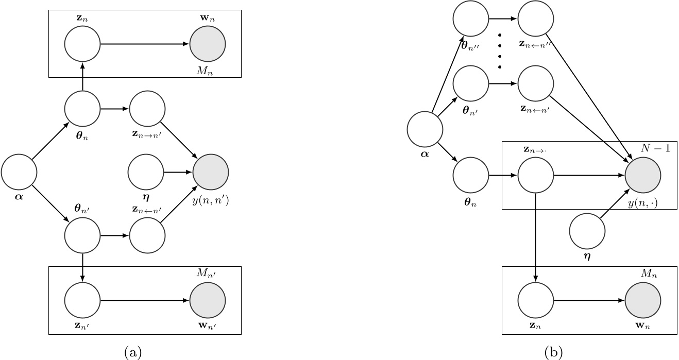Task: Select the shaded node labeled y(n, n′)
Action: (211, 172)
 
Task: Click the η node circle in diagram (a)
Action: (146, 172)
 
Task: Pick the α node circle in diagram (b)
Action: (425, 129)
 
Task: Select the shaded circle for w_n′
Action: (208, 300)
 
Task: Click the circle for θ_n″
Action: (470, 20)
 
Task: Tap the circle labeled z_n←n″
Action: (536, 20)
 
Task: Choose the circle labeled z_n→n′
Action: (147, 109)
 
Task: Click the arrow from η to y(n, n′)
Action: (178, 172)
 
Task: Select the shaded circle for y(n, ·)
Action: (643, 176)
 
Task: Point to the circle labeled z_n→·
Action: (536, 176)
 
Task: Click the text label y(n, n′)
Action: (211, 201)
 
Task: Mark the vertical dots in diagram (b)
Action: (499, 52)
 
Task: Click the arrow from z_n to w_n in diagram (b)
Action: (589, 300)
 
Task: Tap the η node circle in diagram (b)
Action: (587, 231)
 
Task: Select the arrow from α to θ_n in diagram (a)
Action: (50, 140)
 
